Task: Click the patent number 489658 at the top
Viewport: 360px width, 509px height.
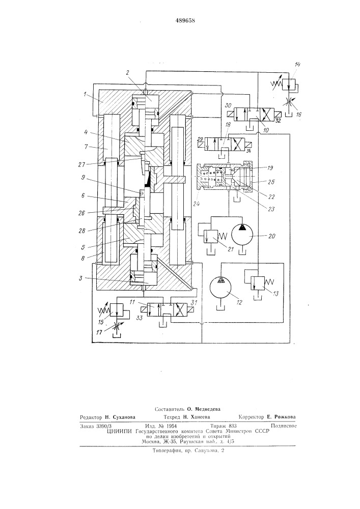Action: [x=185, y=20]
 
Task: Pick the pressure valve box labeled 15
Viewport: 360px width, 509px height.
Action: [x=117, y=309]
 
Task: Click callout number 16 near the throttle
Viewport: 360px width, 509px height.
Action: [x=299, y=114]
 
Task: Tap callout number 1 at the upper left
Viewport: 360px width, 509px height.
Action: [x=85, y=94]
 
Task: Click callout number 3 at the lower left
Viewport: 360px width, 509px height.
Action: [x=80, y=278]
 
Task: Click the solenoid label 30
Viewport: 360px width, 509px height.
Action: [x=228, y=106]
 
